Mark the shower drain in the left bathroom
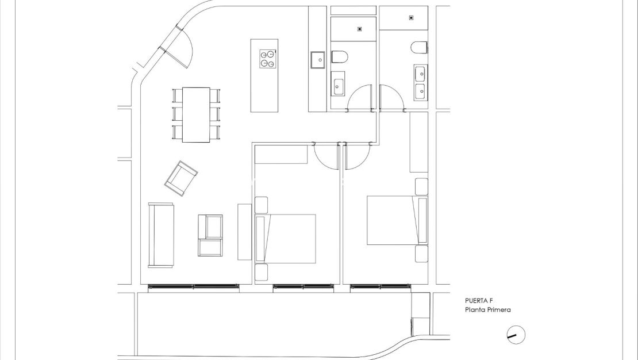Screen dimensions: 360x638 coord(360,28)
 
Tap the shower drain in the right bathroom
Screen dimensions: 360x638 coord(410,18)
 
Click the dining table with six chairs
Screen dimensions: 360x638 coord(196,114)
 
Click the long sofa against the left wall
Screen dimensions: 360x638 coord(161,235)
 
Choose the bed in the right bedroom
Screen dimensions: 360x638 coord(391,220)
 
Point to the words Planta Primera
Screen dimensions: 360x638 coord(488,310)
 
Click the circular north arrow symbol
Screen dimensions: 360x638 coord(516,335)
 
